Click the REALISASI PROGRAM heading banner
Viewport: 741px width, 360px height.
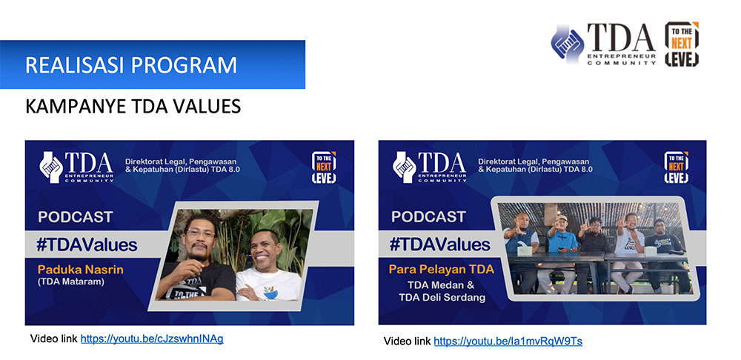tap(152, 64)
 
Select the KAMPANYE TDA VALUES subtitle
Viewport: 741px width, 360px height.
tap(133, 107)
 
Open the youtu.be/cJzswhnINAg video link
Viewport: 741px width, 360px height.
tap(152, 339)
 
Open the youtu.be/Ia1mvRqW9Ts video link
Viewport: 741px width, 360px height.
tap(508, 341)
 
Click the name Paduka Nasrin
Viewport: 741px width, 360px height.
tap(80, 270)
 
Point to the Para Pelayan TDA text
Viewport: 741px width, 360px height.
tap(442, 270)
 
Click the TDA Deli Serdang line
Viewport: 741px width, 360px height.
tap(443, 298)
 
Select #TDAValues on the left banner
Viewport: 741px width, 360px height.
tap(87, 245)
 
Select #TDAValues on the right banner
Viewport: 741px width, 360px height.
tap(440, 244)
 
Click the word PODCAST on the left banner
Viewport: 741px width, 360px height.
tap(76, 217)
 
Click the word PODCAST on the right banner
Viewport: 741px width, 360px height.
tap(428, 217)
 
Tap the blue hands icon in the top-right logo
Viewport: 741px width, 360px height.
tap(567, 44)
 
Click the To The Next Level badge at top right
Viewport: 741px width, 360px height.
tap(682, 44)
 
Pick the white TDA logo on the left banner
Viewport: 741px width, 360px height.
tap(76, 167)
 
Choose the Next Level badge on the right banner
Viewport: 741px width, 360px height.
tap(677, 167)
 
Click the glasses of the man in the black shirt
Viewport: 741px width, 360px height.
tap(200, 233)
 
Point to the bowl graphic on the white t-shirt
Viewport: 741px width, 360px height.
tap(270, 293)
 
